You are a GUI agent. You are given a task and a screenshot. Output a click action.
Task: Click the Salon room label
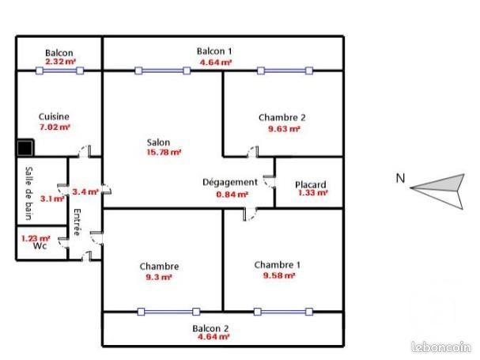pos(158,142)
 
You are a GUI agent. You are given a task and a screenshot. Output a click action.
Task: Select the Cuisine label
pos(54,116)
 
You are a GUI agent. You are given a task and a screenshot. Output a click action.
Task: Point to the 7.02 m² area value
pos(55,126)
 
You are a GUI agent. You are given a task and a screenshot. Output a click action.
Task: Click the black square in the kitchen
pos(25,147)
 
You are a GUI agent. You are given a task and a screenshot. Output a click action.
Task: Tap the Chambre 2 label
pos(282,117)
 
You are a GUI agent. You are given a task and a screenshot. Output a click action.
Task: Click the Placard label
pos(310,185)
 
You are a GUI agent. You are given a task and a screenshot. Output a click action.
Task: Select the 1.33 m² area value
pos(312,193)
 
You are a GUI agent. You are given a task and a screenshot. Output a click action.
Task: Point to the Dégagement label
pos(230,182)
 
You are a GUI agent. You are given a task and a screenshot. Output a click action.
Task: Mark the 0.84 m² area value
pos(232,193)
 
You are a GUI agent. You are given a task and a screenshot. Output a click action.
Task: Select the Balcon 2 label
pos(210,328)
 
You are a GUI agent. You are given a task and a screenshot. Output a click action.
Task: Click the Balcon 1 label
pos(214,51)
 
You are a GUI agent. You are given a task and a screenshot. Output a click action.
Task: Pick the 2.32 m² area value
pos(60,61)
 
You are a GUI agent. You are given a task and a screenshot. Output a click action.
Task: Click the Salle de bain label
pos(29,191)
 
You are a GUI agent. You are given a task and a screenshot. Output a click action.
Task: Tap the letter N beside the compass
pos(401,179)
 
